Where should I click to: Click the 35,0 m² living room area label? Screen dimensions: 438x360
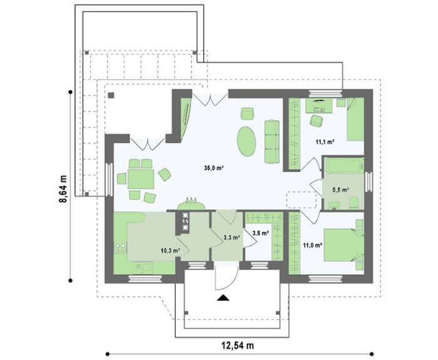[x=214, y=168]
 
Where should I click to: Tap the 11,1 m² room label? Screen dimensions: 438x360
[x=325, y=141]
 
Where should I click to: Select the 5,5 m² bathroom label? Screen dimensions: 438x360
[x=340, y=190]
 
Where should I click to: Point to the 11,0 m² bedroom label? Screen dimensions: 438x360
[x=313, y=245]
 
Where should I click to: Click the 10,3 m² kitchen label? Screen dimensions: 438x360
[x=170, y=250]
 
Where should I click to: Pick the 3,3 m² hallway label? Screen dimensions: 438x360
[x=232, y=237]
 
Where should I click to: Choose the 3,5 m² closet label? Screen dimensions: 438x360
[x=261, y=233]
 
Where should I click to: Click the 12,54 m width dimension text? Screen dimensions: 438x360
[x=238, y=346]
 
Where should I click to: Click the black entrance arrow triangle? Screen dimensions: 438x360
[x=223, y=298]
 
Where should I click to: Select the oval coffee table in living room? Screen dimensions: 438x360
[x=247, y=141]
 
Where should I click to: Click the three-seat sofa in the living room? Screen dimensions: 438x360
[x=272, y=141]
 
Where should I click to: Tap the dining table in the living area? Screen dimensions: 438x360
[x=141, y=179]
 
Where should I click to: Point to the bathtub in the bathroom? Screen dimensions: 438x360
[x=345, y=166]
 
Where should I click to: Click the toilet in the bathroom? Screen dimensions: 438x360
[x=354, y=202]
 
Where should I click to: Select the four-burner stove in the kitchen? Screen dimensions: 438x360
[x=120, y=248]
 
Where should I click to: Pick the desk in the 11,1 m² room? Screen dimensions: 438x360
[x=318, y=105]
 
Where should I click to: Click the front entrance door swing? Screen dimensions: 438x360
[x=227, y=279]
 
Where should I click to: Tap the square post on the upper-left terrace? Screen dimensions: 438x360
[x=111, y=95]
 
